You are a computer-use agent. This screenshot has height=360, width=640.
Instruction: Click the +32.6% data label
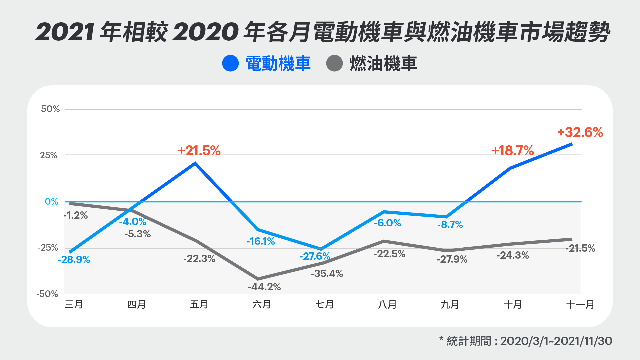[580, 132]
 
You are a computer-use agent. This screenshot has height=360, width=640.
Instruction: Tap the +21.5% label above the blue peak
[199, 151]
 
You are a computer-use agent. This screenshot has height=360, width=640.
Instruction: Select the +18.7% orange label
[513, 151]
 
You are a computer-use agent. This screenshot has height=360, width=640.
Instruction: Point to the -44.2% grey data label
[264, 287]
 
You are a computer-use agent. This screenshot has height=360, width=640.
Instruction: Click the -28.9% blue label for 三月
[74, 260]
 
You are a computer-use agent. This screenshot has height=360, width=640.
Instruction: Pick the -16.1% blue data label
[261, 241]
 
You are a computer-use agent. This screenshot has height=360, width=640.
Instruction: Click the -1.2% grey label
[76, 215]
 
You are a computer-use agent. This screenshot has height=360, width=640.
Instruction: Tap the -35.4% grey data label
[327, 274]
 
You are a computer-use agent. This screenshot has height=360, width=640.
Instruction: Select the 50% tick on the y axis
[50, 109]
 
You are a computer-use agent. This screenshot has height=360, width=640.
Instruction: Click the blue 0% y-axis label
[51, 202]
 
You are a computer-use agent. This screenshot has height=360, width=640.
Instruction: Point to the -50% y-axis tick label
[47, 294]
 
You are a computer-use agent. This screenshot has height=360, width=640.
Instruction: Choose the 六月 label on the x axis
[262, 304]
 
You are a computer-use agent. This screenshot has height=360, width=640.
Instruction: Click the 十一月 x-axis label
[580, 304]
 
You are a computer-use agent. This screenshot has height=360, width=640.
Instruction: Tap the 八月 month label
[387, 304]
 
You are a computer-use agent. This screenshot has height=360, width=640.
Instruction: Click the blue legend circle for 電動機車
[230, 63]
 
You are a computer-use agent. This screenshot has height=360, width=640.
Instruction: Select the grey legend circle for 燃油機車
[334, 63]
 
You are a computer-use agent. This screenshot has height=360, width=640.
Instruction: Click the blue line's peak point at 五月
[195, 163]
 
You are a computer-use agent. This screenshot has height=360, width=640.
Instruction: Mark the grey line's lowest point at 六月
[258, 279]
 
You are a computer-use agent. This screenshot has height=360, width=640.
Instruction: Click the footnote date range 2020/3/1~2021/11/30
[556, 341]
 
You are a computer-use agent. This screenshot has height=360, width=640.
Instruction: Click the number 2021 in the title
[65, 33]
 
